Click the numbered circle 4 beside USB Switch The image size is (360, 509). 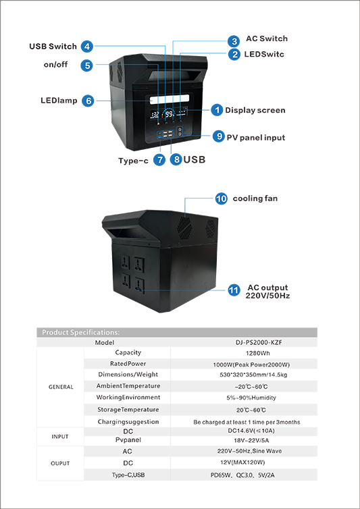[86, 47]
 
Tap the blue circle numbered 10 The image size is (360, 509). [222, 198]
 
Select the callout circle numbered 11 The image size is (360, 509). [234, 290]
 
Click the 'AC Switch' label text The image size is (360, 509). [267, 38]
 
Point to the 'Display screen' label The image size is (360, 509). [255, 110]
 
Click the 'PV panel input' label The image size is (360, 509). [256, 138]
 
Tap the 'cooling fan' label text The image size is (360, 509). [255, 198]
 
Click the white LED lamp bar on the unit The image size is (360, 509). [170, 99]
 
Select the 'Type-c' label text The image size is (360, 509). [133, 161]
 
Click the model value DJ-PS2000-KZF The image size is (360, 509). [257, 342]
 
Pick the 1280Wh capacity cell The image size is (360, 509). [257, 353]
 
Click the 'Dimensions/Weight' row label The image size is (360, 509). [128, 374]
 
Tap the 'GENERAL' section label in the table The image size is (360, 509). [61, 387]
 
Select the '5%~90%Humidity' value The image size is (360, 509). [251, 398]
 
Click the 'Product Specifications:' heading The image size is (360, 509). [80, 332]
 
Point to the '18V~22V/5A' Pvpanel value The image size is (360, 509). [251, 441]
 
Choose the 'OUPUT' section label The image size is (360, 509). [60, 464]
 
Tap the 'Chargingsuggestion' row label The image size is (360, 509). [128, 422]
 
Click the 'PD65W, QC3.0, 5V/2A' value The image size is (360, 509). [242, 475]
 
